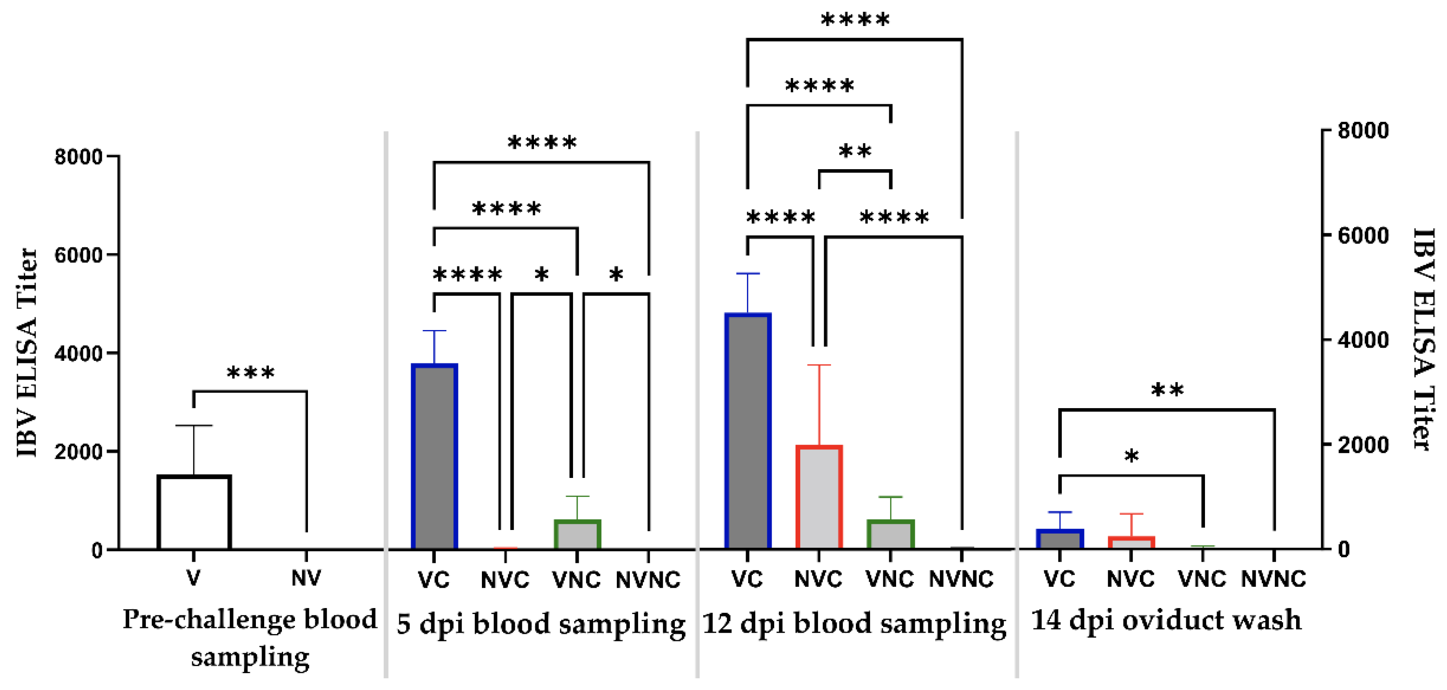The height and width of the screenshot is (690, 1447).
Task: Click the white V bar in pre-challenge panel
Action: click(194, 513)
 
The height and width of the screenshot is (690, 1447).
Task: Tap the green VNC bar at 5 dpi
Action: click(577, 534)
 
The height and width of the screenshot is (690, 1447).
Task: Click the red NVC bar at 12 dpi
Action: click(818, 497)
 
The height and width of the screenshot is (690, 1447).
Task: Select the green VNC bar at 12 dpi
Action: click(890, 534)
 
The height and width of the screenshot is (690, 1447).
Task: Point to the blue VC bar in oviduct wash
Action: click(1059, 539)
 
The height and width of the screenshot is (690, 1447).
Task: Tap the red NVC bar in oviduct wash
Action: click(1131, 543)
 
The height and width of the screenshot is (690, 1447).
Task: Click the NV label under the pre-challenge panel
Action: click(306, 578)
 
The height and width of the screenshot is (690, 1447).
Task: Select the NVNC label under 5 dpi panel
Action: click(648, 579)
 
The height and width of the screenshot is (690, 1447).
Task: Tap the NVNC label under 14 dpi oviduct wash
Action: click(1273, 579)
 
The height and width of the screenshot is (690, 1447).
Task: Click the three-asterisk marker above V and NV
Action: click(251, 373)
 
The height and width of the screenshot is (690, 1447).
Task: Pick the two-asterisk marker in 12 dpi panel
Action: click(854, 151)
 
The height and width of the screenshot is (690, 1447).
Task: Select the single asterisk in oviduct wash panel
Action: click(1131, 456)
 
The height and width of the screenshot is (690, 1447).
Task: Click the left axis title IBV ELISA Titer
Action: click(27, 353)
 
